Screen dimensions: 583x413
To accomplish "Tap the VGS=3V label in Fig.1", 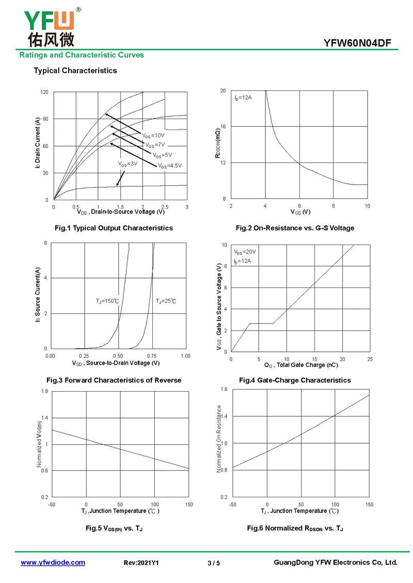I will (x=128, y=164).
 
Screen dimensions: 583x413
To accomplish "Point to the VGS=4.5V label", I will (x=170, y=166).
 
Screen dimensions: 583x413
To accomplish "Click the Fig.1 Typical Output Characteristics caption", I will (x=114, y=228).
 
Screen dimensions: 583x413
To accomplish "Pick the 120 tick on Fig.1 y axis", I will (x=44, y=92).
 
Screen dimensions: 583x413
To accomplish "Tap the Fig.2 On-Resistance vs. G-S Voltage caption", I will (x=295, y=228).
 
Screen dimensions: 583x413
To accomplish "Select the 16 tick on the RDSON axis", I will (x=223, y=126).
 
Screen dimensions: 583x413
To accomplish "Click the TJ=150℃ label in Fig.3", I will (x=107, y=301).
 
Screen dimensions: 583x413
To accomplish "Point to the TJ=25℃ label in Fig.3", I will (x=166, y=301).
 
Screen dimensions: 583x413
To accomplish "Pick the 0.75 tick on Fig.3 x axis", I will (x=152, y=356).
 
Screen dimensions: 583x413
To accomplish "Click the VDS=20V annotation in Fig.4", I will (x=245, y=252).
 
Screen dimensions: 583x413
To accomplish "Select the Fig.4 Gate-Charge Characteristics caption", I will (x=295, y=380).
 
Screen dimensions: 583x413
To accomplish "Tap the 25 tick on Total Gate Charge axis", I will (x=370, y=359).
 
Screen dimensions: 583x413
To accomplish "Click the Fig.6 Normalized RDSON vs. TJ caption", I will (x=295, y=528).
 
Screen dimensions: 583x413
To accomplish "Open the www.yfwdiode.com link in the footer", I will (x=53, y=562).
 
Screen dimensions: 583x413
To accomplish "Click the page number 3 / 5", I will (x=214, y=563).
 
